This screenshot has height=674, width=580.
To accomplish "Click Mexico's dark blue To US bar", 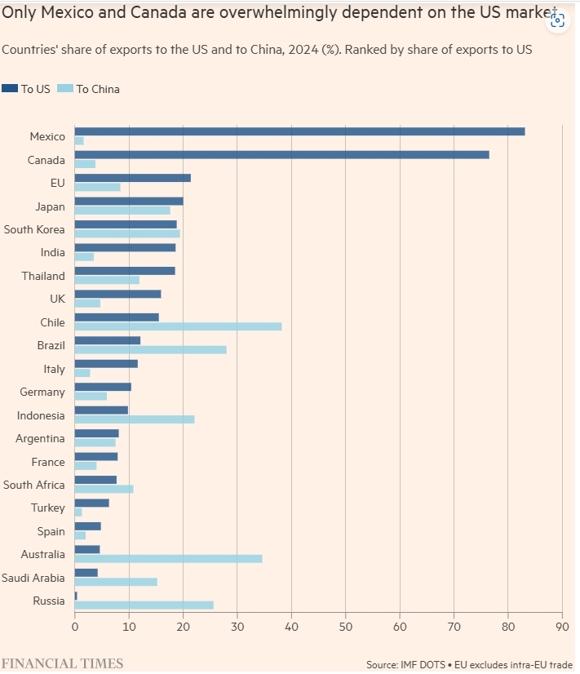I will click(x=299, y=131).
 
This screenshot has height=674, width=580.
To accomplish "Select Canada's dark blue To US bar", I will click(x=281, y=154).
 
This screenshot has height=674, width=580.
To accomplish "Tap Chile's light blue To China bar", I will click(x=178, y=326).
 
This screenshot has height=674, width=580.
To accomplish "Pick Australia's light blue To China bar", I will click(x=168, y=559).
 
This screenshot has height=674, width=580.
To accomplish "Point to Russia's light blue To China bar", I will click(x=144, y=605).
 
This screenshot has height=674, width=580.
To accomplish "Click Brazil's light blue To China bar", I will click(x=150, y=350).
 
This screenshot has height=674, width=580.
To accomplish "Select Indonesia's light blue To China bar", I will click(x=135, y=419).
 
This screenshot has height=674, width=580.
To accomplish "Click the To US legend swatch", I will click(x=10, y=88).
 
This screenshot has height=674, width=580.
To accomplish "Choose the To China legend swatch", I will click(x=66, y=88).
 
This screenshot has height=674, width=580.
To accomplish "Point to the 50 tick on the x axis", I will click(x=345, y=627).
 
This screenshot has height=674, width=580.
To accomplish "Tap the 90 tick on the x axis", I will click(x=562, y=627).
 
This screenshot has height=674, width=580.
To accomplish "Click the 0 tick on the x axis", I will click(x=75, y=627).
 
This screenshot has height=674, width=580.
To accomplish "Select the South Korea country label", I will click(x=34, y=229).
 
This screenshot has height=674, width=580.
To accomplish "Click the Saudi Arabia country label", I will click(x=33, y=578).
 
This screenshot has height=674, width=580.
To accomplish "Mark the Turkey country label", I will click(x=47, y=508).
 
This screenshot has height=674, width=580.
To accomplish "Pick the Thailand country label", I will click(x=43, y=276).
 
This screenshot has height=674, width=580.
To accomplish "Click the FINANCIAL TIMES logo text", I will click(x=62, y=663).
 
